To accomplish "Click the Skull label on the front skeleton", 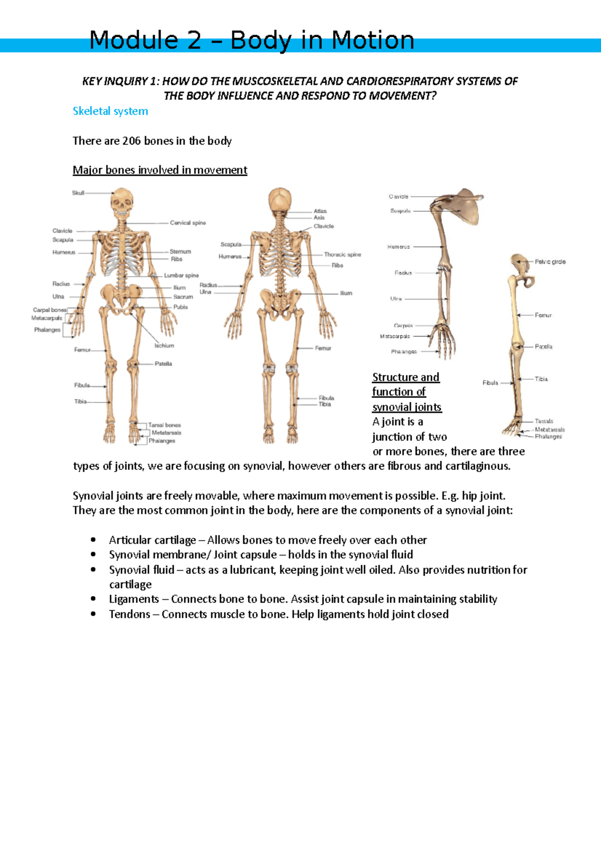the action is click(78, 193).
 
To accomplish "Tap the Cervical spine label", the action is click(188, 223).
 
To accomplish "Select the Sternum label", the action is click(180, 252).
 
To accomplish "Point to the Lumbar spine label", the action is click(181, 275).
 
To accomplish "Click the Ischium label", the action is click(164, 345).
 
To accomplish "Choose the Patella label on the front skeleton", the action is click(163, 364).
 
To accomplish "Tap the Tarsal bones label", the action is click(164, 425).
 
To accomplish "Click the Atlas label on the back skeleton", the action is click(320, 211).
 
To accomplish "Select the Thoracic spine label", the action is click(342, 254).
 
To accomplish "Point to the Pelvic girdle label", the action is click(550, 262).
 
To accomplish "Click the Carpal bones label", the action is click(50, 310).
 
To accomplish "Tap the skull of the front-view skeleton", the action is click(122, 200).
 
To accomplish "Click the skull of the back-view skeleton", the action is click(280, 200).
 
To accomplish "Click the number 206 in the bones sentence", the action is click(131, 141).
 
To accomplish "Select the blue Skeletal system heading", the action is click(110, 111).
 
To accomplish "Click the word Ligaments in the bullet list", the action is click(134, 599).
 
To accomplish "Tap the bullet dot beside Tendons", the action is click(93, 614).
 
